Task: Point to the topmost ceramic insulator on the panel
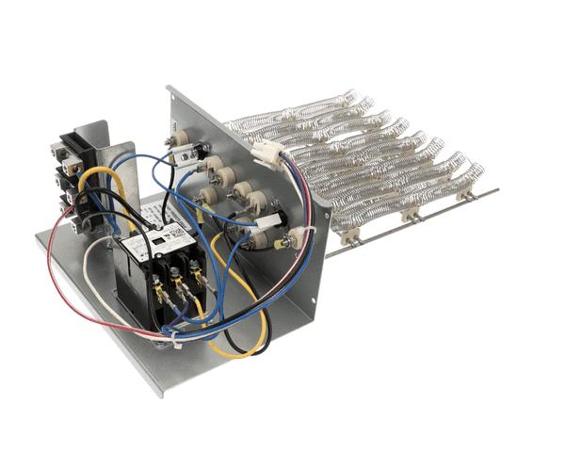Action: (179, 138)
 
